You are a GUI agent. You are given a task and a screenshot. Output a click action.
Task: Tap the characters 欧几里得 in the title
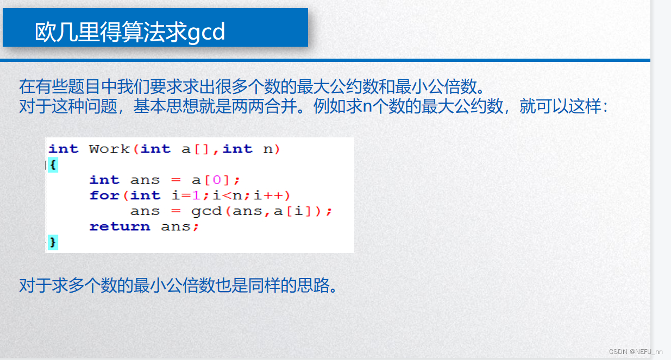(67, 33)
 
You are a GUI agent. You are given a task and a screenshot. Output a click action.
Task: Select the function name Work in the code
(109, 149)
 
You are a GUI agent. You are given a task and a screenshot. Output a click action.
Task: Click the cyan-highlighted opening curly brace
(52, 165)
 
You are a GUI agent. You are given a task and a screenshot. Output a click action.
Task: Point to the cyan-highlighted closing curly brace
(52, 242)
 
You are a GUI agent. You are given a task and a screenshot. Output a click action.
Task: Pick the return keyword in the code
(120, 226)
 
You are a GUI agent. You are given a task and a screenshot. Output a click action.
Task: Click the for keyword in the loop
(104, 195)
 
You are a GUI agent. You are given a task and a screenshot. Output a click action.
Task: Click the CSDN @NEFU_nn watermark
(635, 352)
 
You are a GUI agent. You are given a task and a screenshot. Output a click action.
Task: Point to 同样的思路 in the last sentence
(289, 285)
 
